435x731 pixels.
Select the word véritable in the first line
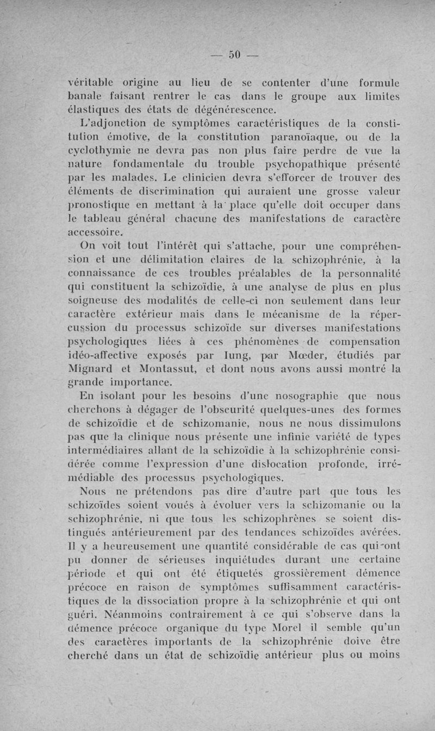91,83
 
